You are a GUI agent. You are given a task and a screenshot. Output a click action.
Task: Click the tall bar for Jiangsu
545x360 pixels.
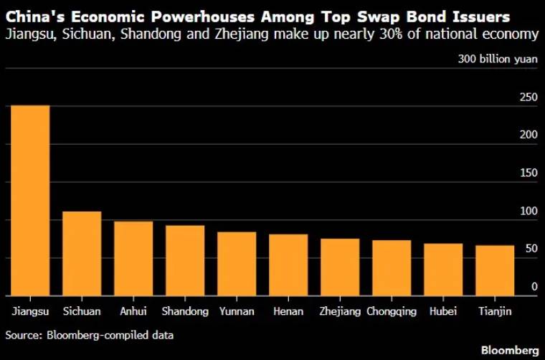(x=30, y=201)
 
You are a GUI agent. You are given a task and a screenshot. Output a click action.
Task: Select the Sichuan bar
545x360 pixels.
(x=82, y=254)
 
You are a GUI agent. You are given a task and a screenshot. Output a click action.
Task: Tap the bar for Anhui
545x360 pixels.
(x=133, y=259)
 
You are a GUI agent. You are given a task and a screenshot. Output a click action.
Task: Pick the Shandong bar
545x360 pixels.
(x=185, y=260)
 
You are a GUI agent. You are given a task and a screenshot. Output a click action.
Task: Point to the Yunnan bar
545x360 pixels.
(x=237, y=264)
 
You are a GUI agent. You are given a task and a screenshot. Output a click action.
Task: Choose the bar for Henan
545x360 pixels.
(x=288, y=265)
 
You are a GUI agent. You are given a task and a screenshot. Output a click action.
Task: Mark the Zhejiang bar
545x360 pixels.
(x=340, y=267)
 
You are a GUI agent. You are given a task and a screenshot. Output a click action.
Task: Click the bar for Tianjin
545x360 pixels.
(x=495, y=270)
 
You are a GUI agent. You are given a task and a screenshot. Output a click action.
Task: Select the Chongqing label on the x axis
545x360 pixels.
(x=392, y=311)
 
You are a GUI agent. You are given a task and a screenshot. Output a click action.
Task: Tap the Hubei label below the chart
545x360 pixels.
(x=443, y=311)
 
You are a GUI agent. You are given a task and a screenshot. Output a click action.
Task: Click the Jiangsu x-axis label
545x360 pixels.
(x=30, y=311)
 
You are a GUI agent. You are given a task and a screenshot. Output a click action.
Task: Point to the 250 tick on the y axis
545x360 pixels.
(x=529, y=98)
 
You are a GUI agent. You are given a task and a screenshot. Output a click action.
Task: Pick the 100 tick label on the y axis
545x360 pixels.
(x=529, y=211)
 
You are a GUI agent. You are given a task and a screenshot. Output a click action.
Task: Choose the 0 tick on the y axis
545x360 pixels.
(x=534, y=287)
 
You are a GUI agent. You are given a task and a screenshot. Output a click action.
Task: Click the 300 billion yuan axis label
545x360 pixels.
(x=498, y=59)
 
